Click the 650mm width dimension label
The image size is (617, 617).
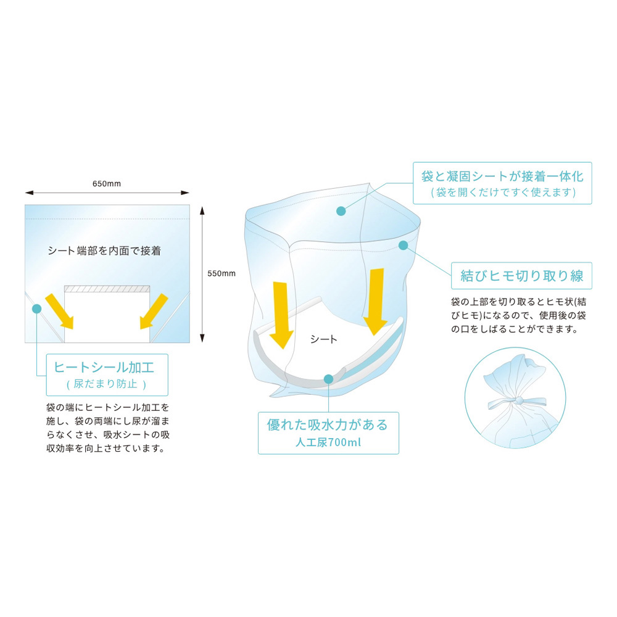pos(107,184)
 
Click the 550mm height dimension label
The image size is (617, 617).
pos(222,273)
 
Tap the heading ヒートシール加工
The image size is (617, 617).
pos(104,368)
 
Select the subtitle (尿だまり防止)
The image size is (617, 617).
pos(106,384)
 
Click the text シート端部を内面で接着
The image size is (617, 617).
pos(105,251)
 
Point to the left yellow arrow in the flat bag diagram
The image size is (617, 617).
pos(60,311)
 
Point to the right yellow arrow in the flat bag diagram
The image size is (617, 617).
pos(154,311)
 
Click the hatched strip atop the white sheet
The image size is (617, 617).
pos(107,289)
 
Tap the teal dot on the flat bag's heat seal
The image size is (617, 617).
pos(36,309)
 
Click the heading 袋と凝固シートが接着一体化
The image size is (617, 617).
pos(502,176)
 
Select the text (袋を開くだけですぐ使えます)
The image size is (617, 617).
pos(503,193)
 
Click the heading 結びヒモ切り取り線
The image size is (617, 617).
pos(522,275)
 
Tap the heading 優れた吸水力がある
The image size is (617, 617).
pos(328,425)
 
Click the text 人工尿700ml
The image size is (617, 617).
pos(328,442)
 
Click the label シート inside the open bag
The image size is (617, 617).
pos(323,339)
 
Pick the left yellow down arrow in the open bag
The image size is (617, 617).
pos(281,315)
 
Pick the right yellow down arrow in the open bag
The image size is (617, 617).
pos(375,302)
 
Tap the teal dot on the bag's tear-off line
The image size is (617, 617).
pos(403,245)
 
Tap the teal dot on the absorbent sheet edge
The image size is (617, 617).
pos(329,379)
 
